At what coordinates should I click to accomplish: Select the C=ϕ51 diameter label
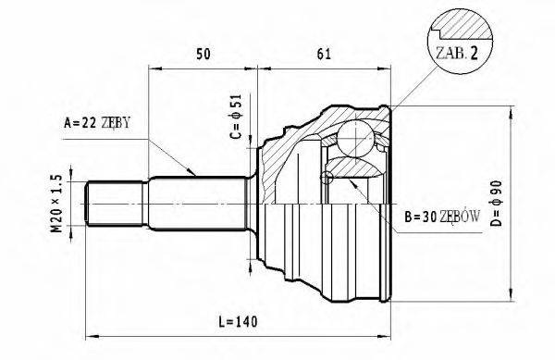(x=235, y=120)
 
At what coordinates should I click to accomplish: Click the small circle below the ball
(x=327, y=177)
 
